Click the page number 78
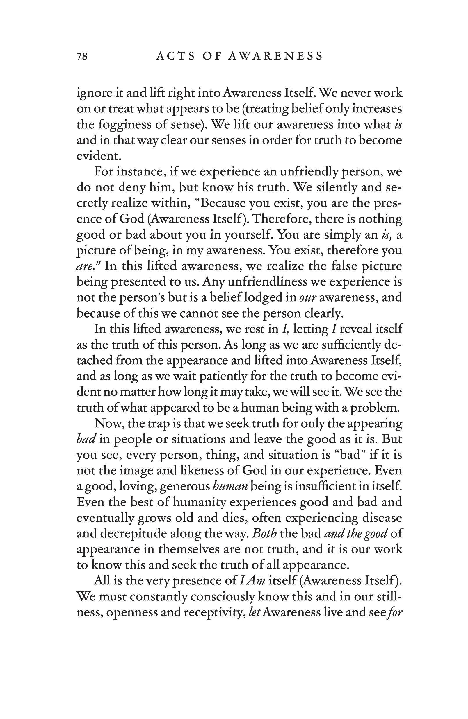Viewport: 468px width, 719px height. (82, 56)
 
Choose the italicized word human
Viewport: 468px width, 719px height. (230, 486)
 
